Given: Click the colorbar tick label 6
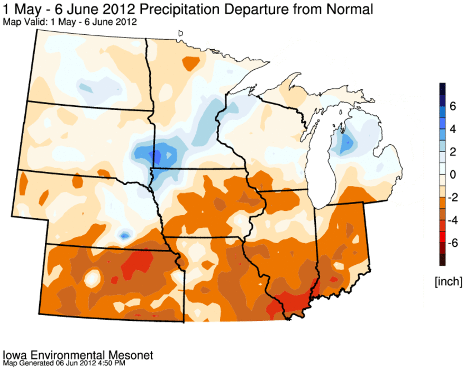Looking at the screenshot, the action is point(452,106).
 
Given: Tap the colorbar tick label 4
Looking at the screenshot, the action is point(452,129).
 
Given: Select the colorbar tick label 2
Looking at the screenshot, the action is point(452,152).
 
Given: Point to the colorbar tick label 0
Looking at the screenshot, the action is point(452,174).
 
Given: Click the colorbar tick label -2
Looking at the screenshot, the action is point(452,197).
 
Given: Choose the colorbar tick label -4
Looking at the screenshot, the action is point(452,220).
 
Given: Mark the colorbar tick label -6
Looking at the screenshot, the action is point(452,243).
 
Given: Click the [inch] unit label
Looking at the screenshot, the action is point(449,281).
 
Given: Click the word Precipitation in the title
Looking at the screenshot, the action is point(180,10).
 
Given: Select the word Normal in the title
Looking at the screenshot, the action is point(350,10).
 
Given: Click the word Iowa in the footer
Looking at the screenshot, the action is point(15,355).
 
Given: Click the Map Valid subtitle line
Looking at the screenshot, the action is point(70,22).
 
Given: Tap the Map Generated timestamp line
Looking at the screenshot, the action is point(64,363).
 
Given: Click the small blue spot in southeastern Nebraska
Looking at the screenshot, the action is point(124,236).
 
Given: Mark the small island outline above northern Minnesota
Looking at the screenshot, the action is point(180,33).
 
